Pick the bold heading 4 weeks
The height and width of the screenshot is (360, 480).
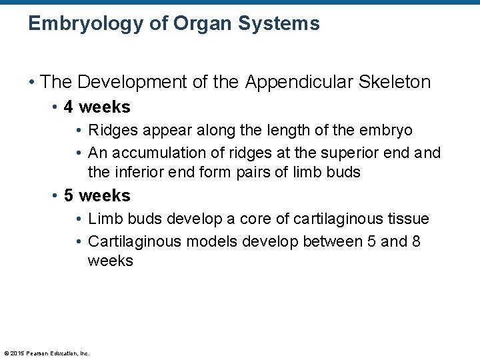[97, 107]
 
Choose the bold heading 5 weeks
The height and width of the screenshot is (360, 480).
[97, 196]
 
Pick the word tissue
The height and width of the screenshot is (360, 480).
[409, 219]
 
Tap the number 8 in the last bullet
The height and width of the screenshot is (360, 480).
[416, 241]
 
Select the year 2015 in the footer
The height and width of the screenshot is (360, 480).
[16, 353]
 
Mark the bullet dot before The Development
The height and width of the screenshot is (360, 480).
[32, 83]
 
